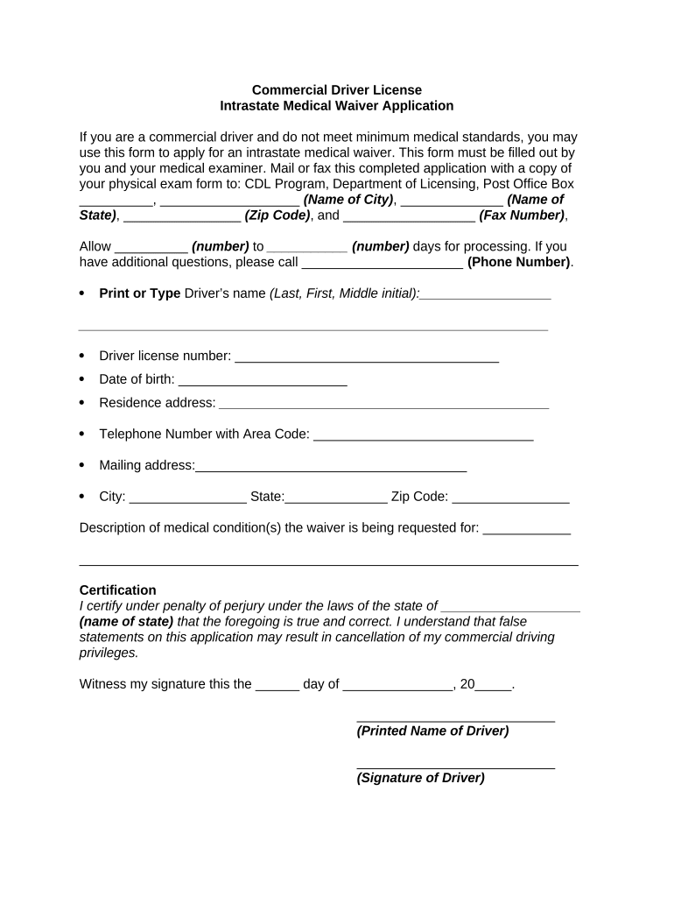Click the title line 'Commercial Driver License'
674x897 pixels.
(x=336, y=90)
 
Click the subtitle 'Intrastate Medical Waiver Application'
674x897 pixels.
(x=336, y=106)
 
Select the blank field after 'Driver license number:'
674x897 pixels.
(x=367, y=357)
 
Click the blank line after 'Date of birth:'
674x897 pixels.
(x=263, y=380)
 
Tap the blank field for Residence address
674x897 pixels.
(x=383, y=404)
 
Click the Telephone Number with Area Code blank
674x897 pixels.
(x=423, y=434)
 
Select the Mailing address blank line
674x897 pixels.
(x=331, y=466)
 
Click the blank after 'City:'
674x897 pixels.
(x=188, y=498)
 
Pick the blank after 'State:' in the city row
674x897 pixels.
(x=336, y=498)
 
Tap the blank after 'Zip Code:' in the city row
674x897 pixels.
(x=511, y=498)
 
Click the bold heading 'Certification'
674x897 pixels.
(x=117, y=590)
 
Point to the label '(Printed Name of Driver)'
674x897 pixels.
(x=432, y=731)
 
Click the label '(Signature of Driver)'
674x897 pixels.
(x=420, y=778)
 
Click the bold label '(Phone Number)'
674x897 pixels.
(x=520, y=262)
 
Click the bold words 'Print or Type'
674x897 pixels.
(x=140, y=293)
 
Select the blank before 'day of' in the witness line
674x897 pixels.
(x=277, y=685)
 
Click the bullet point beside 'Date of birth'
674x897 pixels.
(x=81, y=379)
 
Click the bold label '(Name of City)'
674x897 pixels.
(x=348, y=200)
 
